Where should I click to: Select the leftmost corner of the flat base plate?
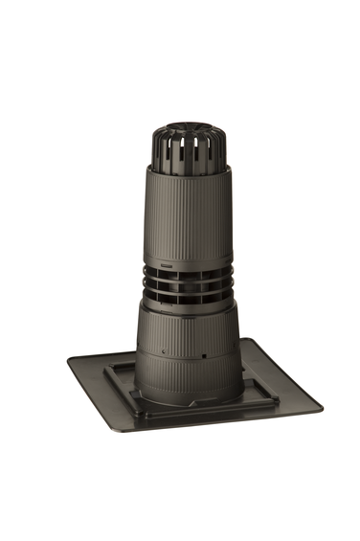[70, 362]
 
